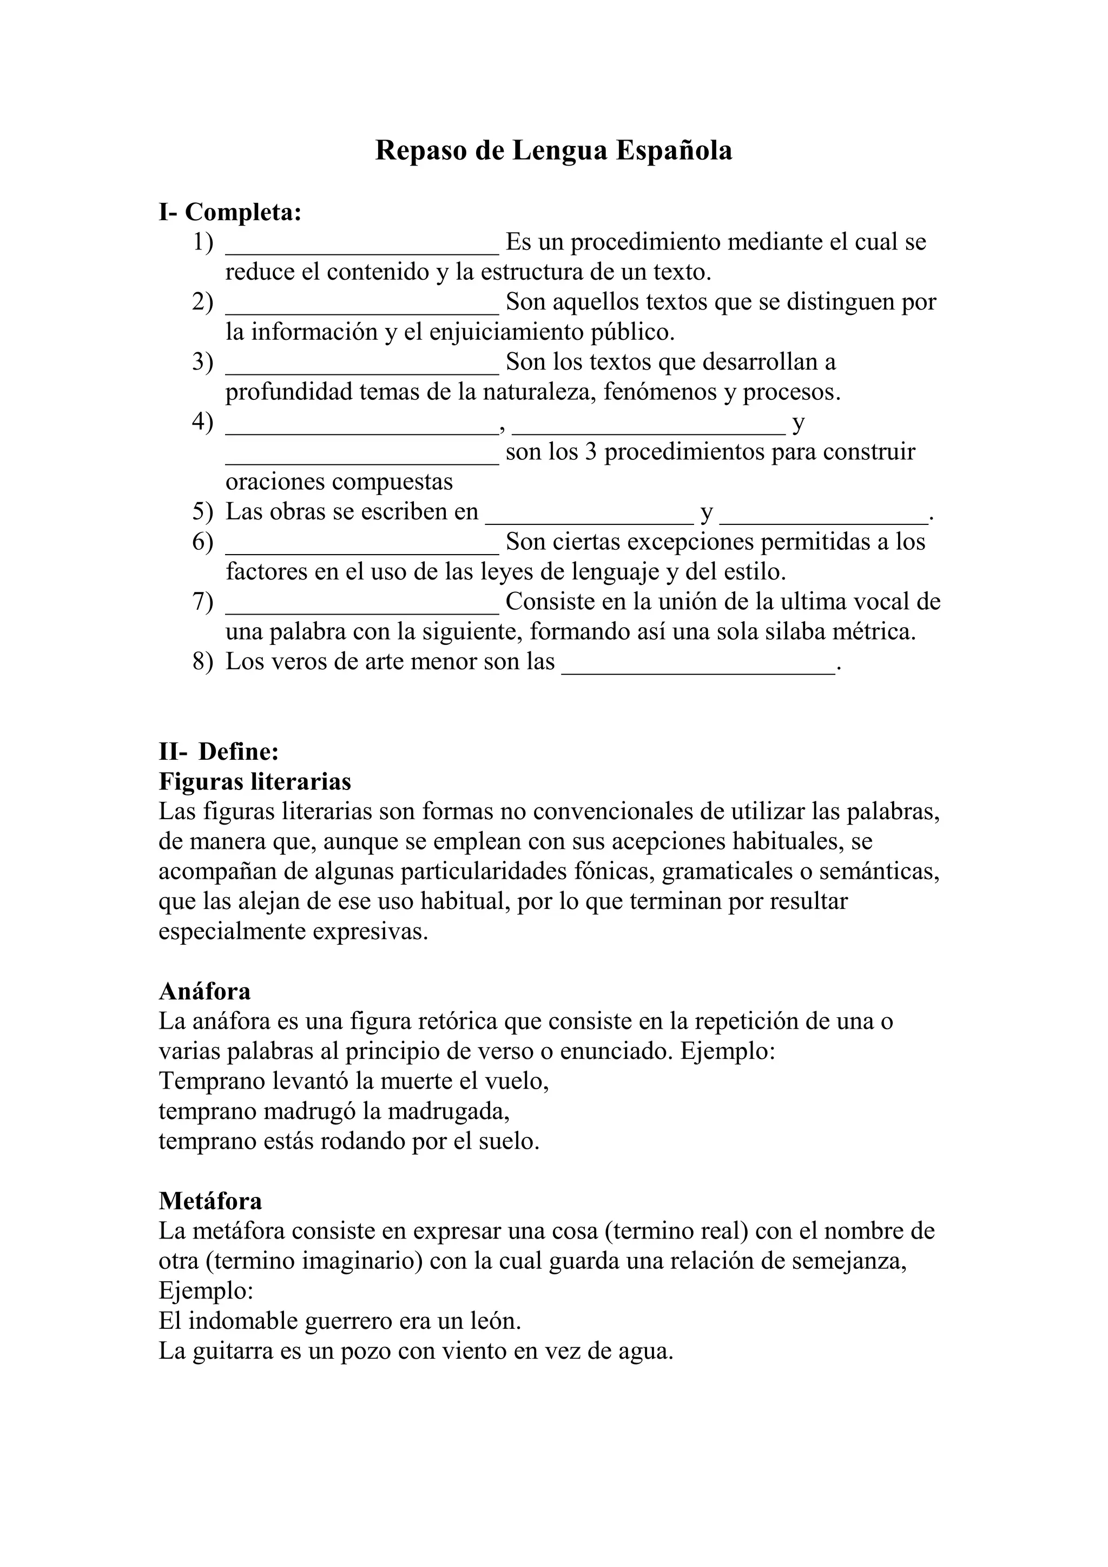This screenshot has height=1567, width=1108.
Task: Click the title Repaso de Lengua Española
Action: pos(553,151)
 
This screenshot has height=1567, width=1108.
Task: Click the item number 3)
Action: pos(203,363)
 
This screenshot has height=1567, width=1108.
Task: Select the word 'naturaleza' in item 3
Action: pos(543,392)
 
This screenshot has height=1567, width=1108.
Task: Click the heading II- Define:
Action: pos(219,752)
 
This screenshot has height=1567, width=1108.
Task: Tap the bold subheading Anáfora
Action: pos(205,991)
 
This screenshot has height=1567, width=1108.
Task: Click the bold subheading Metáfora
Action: pos(210,1201)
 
